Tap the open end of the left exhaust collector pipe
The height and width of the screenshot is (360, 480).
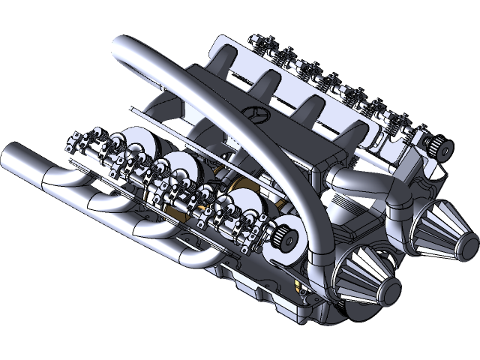[13, 160]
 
